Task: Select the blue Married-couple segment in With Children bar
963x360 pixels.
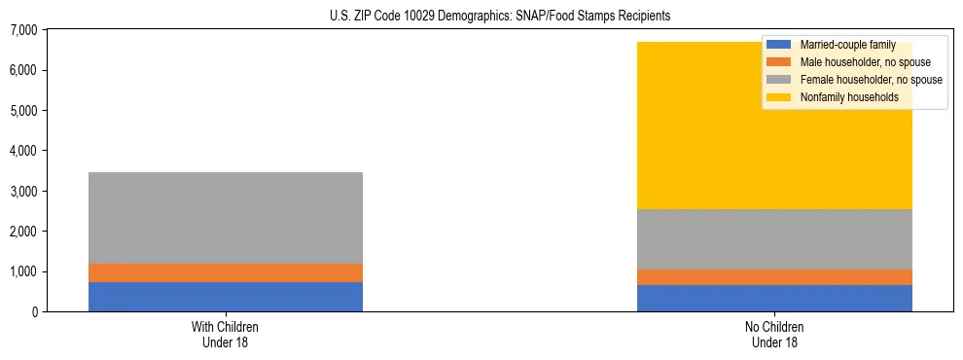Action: (x=226, y=297)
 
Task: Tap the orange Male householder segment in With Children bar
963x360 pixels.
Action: (x=226, y=272)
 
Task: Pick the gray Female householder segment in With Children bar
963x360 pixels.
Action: (x=226, y=218)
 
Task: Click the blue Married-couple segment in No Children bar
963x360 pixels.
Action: (x=774, y=298)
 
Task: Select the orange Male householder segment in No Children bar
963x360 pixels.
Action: (x=774, y=277)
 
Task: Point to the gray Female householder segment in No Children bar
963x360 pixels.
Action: (x=774, y=239)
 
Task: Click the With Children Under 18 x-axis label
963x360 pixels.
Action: (x=226, y=334)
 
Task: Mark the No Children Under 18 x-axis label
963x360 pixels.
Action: (x=774, y=334)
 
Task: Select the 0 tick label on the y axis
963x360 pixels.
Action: (x=33, y=311)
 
